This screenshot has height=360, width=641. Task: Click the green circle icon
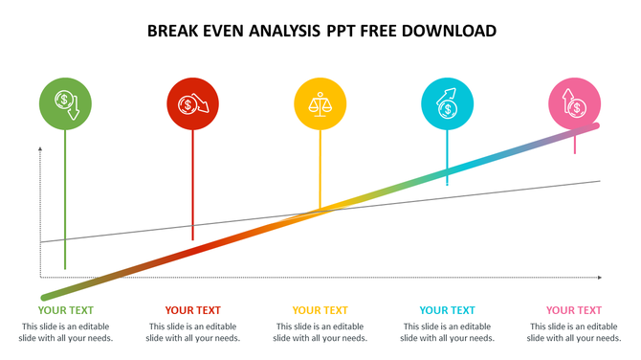(x=65, y=103)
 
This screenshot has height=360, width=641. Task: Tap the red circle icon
(x=193, y=103)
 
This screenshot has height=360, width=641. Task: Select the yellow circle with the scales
(x=320, y=103)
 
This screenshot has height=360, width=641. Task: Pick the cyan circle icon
(x=448, y=103)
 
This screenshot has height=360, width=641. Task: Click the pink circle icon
(x=575, y=103)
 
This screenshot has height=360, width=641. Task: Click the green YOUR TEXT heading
(x=66, y=310)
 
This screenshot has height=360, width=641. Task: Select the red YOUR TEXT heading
(x=193, y=310)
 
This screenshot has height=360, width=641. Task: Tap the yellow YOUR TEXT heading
(x=320, y=310)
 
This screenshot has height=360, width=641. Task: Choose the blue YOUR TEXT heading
(x=448, y=310)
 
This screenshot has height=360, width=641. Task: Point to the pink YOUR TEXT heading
(x=574, y=310)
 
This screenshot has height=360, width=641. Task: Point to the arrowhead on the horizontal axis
(x=599, y=278)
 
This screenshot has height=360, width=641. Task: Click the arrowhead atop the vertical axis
(x=41, y=149)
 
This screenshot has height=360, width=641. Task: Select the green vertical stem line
(x=65, y=201)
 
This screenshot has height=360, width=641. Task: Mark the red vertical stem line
(x=193, y=187)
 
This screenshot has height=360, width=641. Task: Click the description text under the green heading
(x=66, y=332)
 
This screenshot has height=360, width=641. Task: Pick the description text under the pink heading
(x=574, y=332)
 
